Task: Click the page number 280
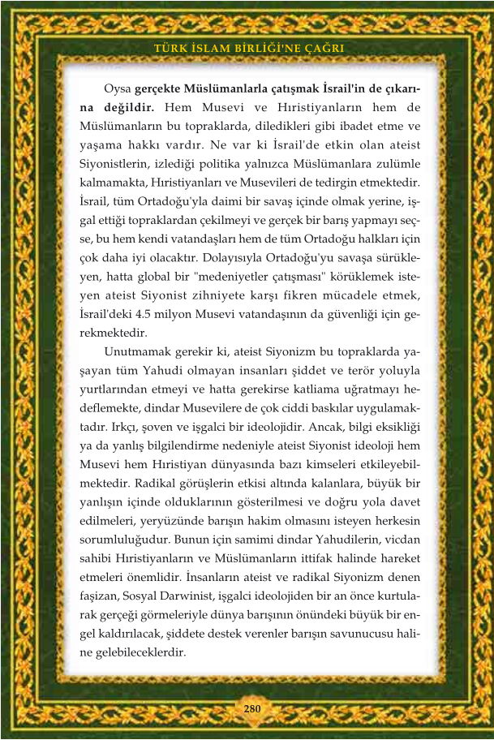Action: [x=251, y=708]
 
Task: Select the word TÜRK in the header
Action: [x=170, y=49]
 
